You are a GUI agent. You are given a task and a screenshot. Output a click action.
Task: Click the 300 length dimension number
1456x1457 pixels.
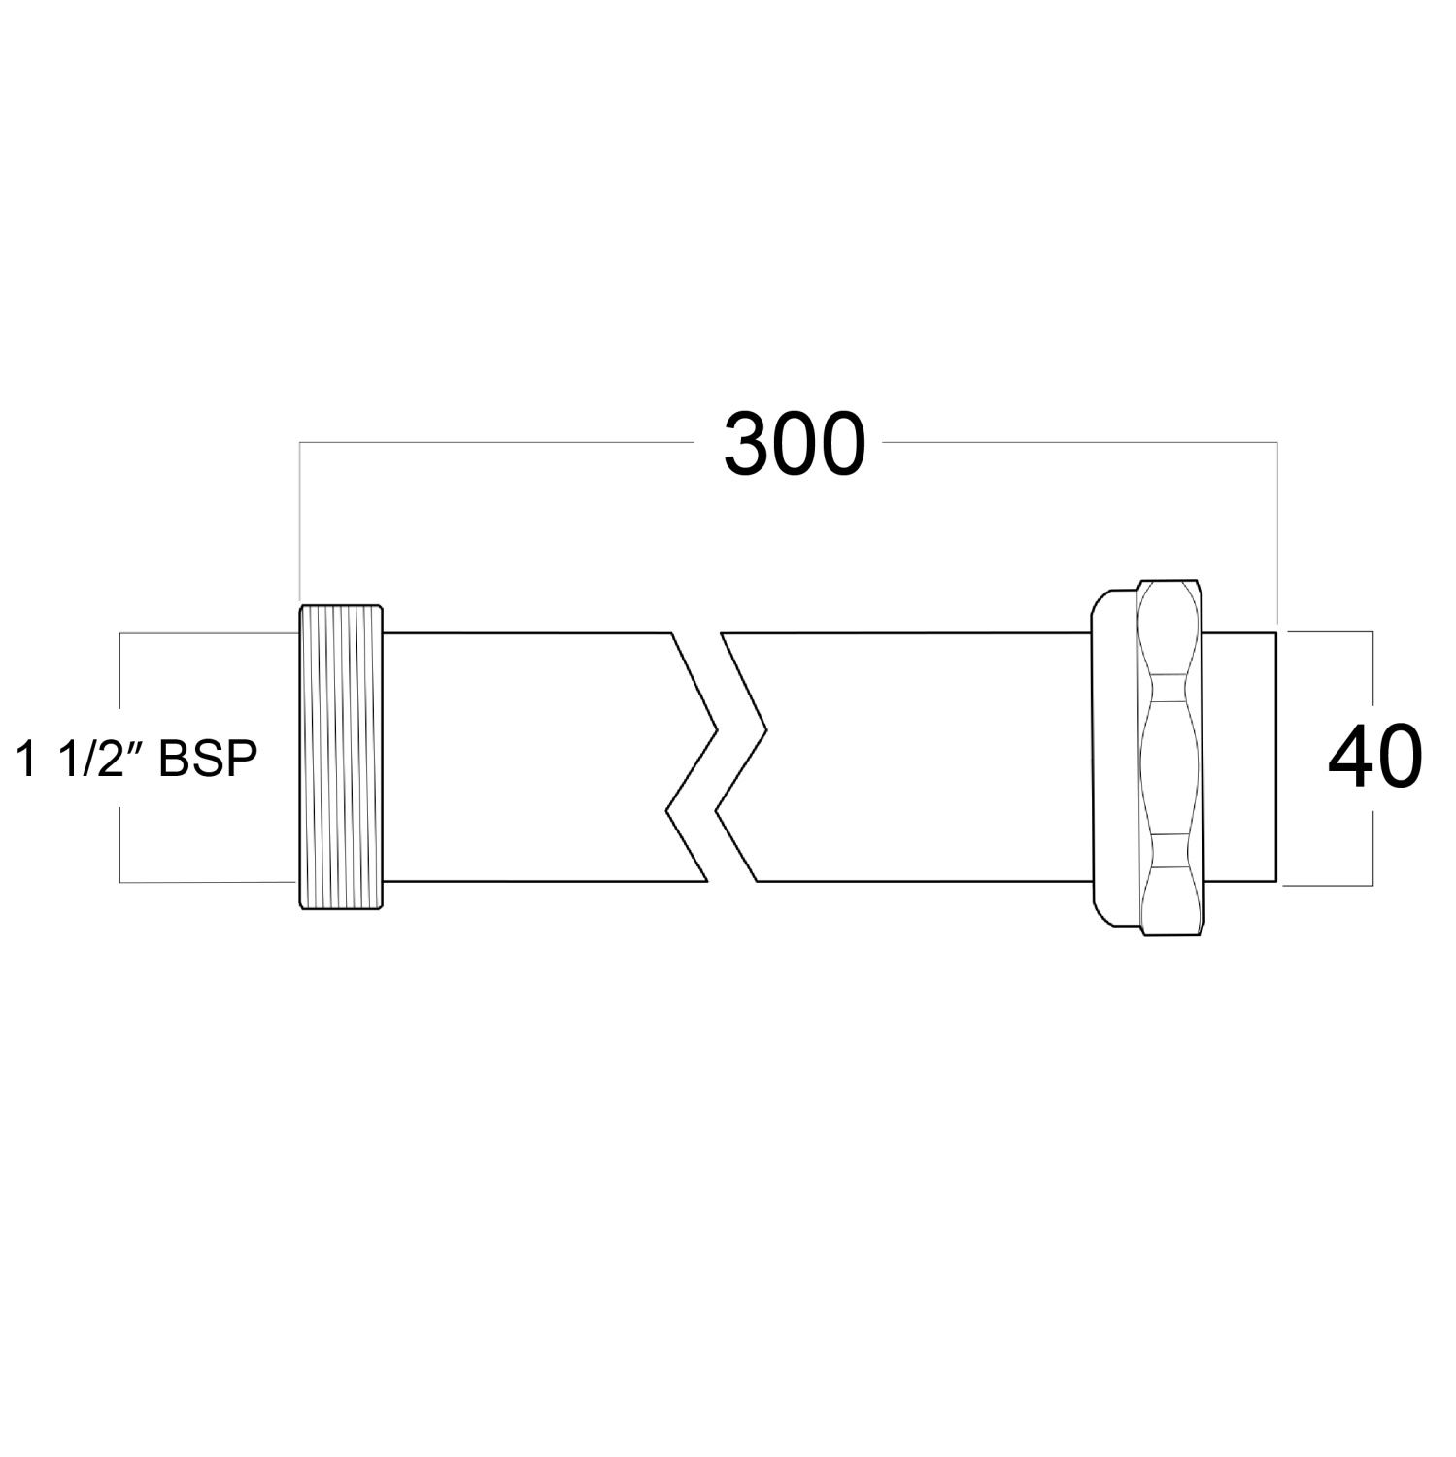(794, 446)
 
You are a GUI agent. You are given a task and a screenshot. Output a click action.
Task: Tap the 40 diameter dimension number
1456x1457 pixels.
(1373, 758)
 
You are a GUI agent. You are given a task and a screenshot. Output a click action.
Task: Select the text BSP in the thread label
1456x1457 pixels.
(207, 759)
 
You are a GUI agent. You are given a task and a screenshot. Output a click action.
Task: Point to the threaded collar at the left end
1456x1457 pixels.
(340, 758)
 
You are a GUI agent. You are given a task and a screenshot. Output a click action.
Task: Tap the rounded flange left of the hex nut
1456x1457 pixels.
(1110, 758)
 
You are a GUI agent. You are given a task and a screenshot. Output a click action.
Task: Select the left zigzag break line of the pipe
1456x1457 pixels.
(692, 758)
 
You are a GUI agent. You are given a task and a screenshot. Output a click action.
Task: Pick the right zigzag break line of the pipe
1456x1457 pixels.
(742, 758)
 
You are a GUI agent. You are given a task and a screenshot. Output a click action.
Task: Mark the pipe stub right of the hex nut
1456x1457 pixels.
(1240, 758)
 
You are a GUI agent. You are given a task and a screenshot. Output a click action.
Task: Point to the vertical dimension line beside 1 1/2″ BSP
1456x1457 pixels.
(119, 680)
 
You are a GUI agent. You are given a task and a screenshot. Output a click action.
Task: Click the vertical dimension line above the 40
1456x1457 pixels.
(1372, 675)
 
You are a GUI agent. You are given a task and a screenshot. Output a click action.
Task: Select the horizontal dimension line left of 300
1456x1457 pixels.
(495, 443)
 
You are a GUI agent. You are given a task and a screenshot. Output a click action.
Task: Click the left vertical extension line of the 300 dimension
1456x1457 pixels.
(299, 525)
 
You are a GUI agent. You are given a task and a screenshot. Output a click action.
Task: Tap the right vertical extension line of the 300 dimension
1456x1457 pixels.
(1276, 534)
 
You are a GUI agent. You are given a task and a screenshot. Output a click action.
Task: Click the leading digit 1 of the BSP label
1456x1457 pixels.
(24, 759)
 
